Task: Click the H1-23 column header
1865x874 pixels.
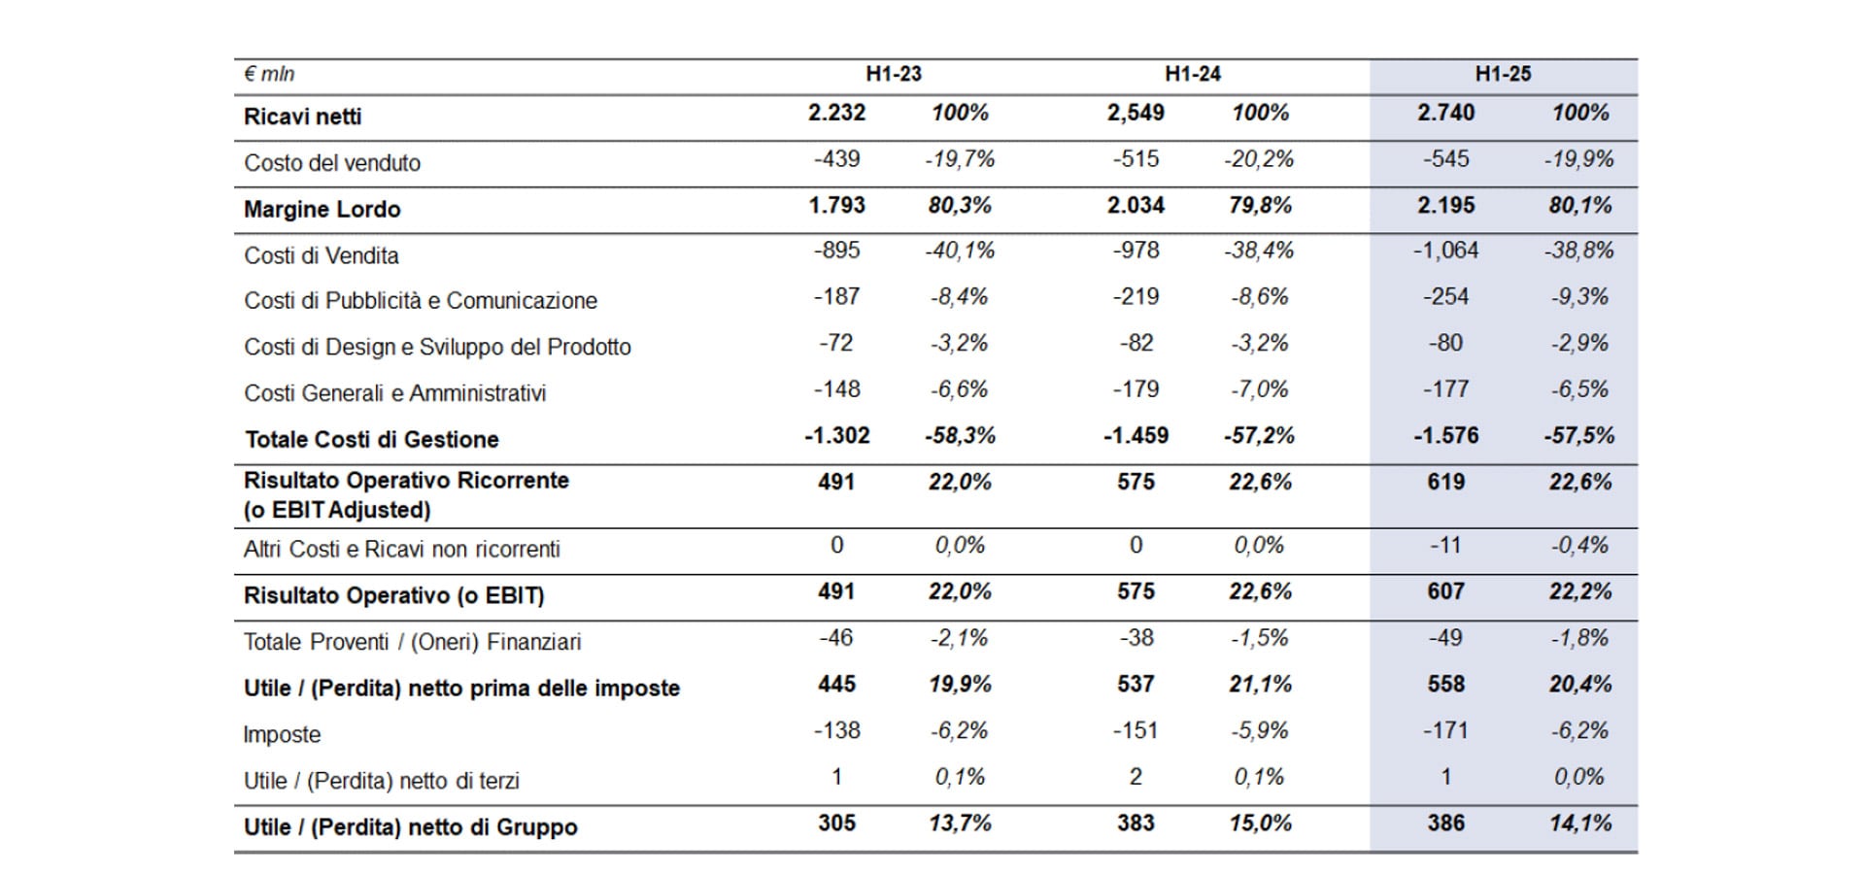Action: (894, 74)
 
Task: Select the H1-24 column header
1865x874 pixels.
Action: (1193, 74)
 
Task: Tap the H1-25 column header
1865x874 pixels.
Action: (1503, 74)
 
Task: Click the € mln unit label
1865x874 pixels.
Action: (269, 74)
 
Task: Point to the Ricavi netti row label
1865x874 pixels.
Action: (302, 117)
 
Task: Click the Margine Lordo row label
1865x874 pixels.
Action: (322, 210)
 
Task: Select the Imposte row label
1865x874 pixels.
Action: (282, 735)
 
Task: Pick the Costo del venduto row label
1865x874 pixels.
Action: (332, 163)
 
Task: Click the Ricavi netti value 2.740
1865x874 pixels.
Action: (1445, 113)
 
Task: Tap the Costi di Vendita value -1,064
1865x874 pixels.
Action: (1445, 251)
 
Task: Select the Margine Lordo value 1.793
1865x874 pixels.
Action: (836, 205)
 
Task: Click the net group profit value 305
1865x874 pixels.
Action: (836, 824)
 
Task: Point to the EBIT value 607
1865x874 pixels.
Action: (1445, 591)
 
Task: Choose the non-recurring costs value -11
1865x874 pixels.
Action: (1445, 546)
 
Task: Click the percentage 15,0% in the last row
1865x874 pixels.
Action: (1260, 824)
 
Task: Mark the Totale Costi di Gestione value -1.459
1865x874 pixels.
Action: (1136, 436)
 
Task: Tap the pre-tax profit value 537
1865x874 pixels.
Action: (1136, 685)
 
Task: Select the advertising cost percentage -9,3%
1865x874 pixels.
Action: (1579, 297)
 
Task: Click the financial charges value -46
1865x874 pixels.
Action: (836, 638)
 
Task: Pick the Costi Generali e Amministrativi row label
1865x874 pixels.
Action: (394, 393)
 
